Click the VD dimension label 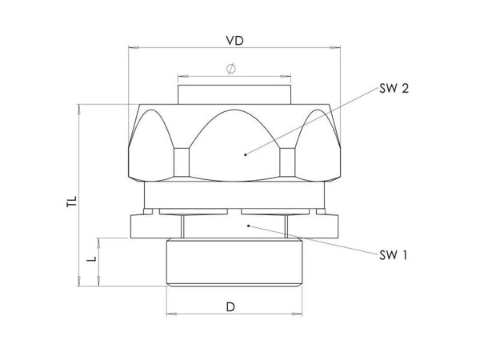tap(234, 41)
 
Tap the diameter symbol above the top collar tap(231, 68)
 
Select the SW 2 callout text tap(394, 89)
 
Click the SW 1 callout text tap(394, 255)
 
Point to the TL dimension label tap(72, 202)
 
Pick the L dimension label tap(91, 258)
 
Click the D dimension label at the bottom tap(230, 306)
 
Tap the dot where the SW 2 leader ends tap(246, 154)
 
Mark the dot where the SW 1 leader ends tap(249, 226)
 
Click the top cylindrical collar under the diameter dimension tap(234, 94)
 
